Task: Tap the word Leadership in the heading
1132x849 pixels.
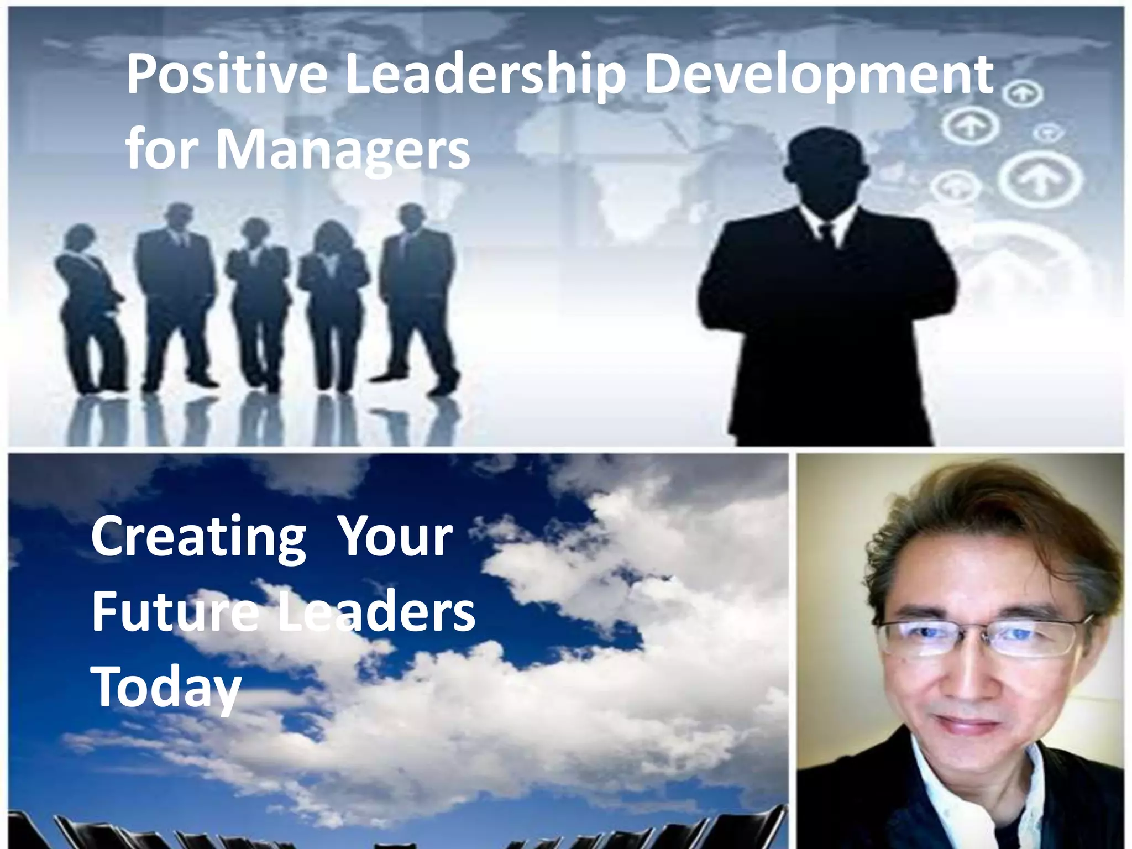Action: coord(485,76)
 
